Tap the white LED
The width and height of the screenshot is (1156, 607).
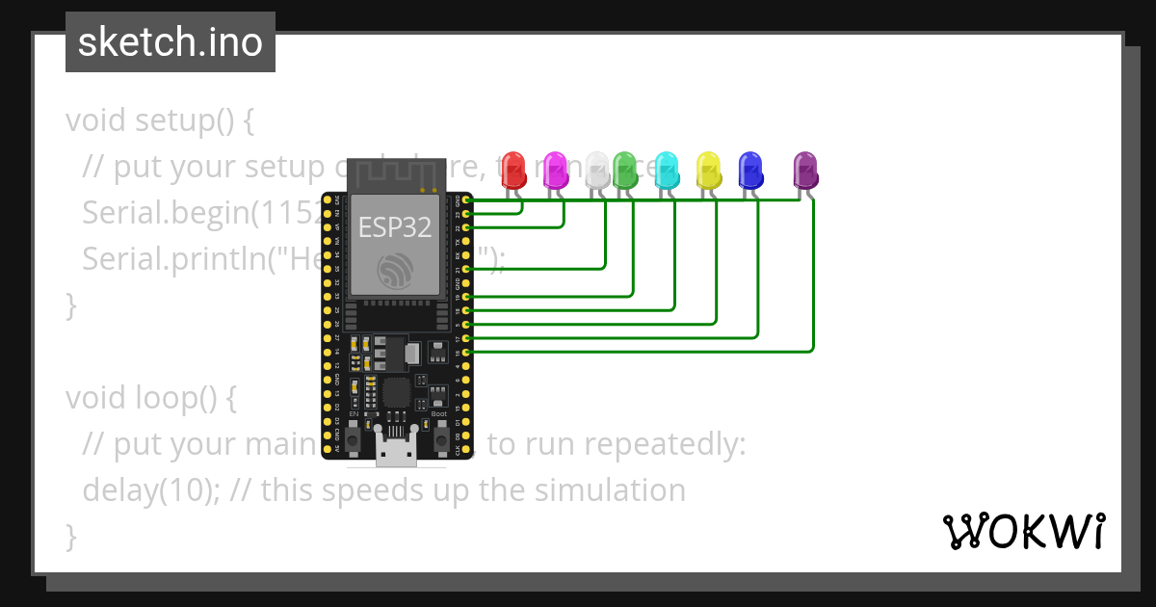pyautogui.click(x=598, y=170)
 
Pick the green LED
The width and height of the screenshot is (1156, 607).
pyautogui.click(x=625, y=170)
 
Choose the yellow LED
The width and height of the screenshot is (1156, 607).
pyautogui.click(x=708, y=170)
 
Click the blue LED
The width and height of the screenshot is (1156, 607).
pyautogui.click(x=750, y=170)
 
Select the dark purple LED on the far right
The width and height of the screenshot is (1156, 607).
pyautogui.click(x=805, y=170)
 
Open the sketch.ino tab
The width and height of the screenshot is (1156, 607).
pyautogui.click(x=171, y=42)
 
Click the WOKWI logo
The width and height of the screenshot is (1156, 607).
pyautogui.click(x=1023, y=531)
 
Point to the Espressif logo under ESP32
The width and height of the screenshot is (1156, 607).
pyautogui.click(x=395, y=270)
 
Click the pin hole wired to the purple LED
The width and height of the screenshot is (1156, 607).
pyautogui.click(x=467, y=353)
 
